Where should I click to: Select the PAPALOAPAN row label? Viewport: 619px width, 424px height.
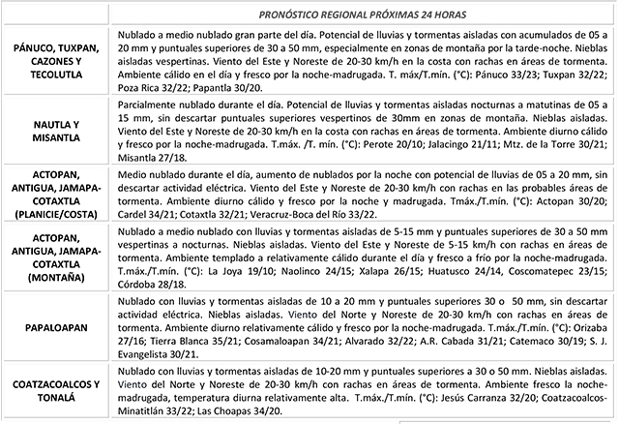pyautogui.click(x=55, y=330)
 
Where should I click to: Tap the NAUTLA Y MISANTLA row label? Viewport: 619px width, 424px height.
pyautogui.click(x=55, y=131)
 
